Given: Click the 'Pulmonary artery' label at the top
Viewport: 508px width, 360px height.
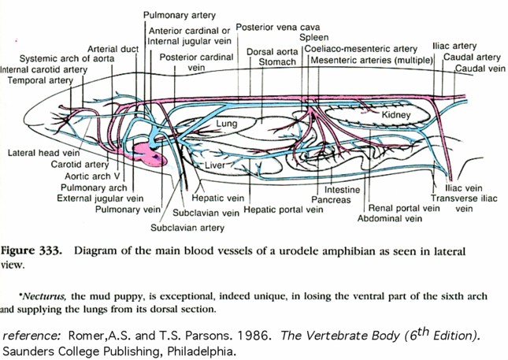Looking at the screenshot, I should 179,15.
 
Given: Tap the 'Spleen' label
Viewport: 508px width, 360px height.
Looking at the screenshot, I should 314,37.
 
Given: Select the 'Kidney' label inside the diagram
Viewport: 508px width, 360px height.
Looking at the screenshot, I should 396,116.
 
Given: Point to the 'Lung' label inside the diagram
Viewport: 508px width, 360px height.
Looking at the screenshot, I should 227,124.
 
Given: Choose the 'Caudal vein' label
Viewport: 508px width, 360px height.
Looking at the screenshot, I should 480,69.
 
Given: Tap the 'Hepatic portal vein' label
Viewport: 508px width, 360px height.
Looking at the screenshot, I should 284,210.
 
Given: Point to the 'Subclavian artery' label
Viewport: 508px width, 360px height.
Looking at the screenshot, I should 187,228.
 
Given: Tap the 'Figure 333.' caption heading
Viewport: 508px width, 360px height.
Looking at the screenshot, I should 34,251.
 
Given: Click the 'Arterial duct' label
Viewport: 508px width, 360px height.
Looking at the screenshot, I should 113,49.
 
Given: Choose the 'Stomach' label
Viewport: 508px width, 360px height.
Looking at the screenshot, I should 277,61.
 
